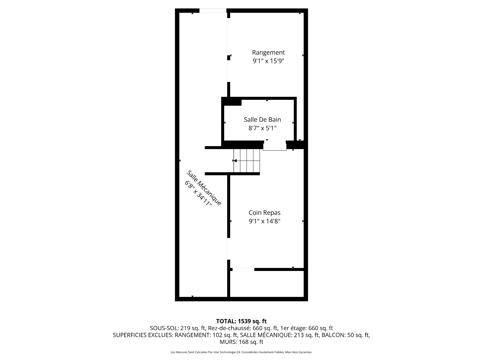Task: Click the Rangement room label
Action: [x=268, y=53]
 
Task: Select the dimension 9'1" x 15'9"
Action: [x=268, y=61]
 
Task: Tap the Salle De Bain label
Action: [x=262, y=120]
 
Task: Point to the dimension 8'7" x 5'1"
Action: [x=262, y=128]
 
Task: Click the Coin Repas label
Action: [x=264, y=213]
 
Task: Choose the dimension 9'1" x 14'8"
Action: [x=264, y=221]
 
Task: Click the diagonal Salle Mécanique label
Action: [x=204, y=188]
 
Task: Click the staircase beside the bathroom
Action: [x=247, y=161]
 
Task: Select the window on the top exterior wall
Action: [x=213, y=11]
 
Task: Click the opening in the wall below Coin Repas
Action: [x=243, y=269]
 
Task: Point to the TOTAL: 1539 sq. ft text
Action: [x=242, y=321]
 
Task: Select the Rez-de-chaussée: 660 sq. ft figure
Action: [x=243, y=328]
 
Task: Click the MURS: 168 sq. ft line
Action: [x=242, y=342]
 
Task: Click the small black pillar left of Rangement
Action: [x=229, y=58]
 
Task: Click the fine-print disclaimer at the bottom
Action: [x=242, y=352]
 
